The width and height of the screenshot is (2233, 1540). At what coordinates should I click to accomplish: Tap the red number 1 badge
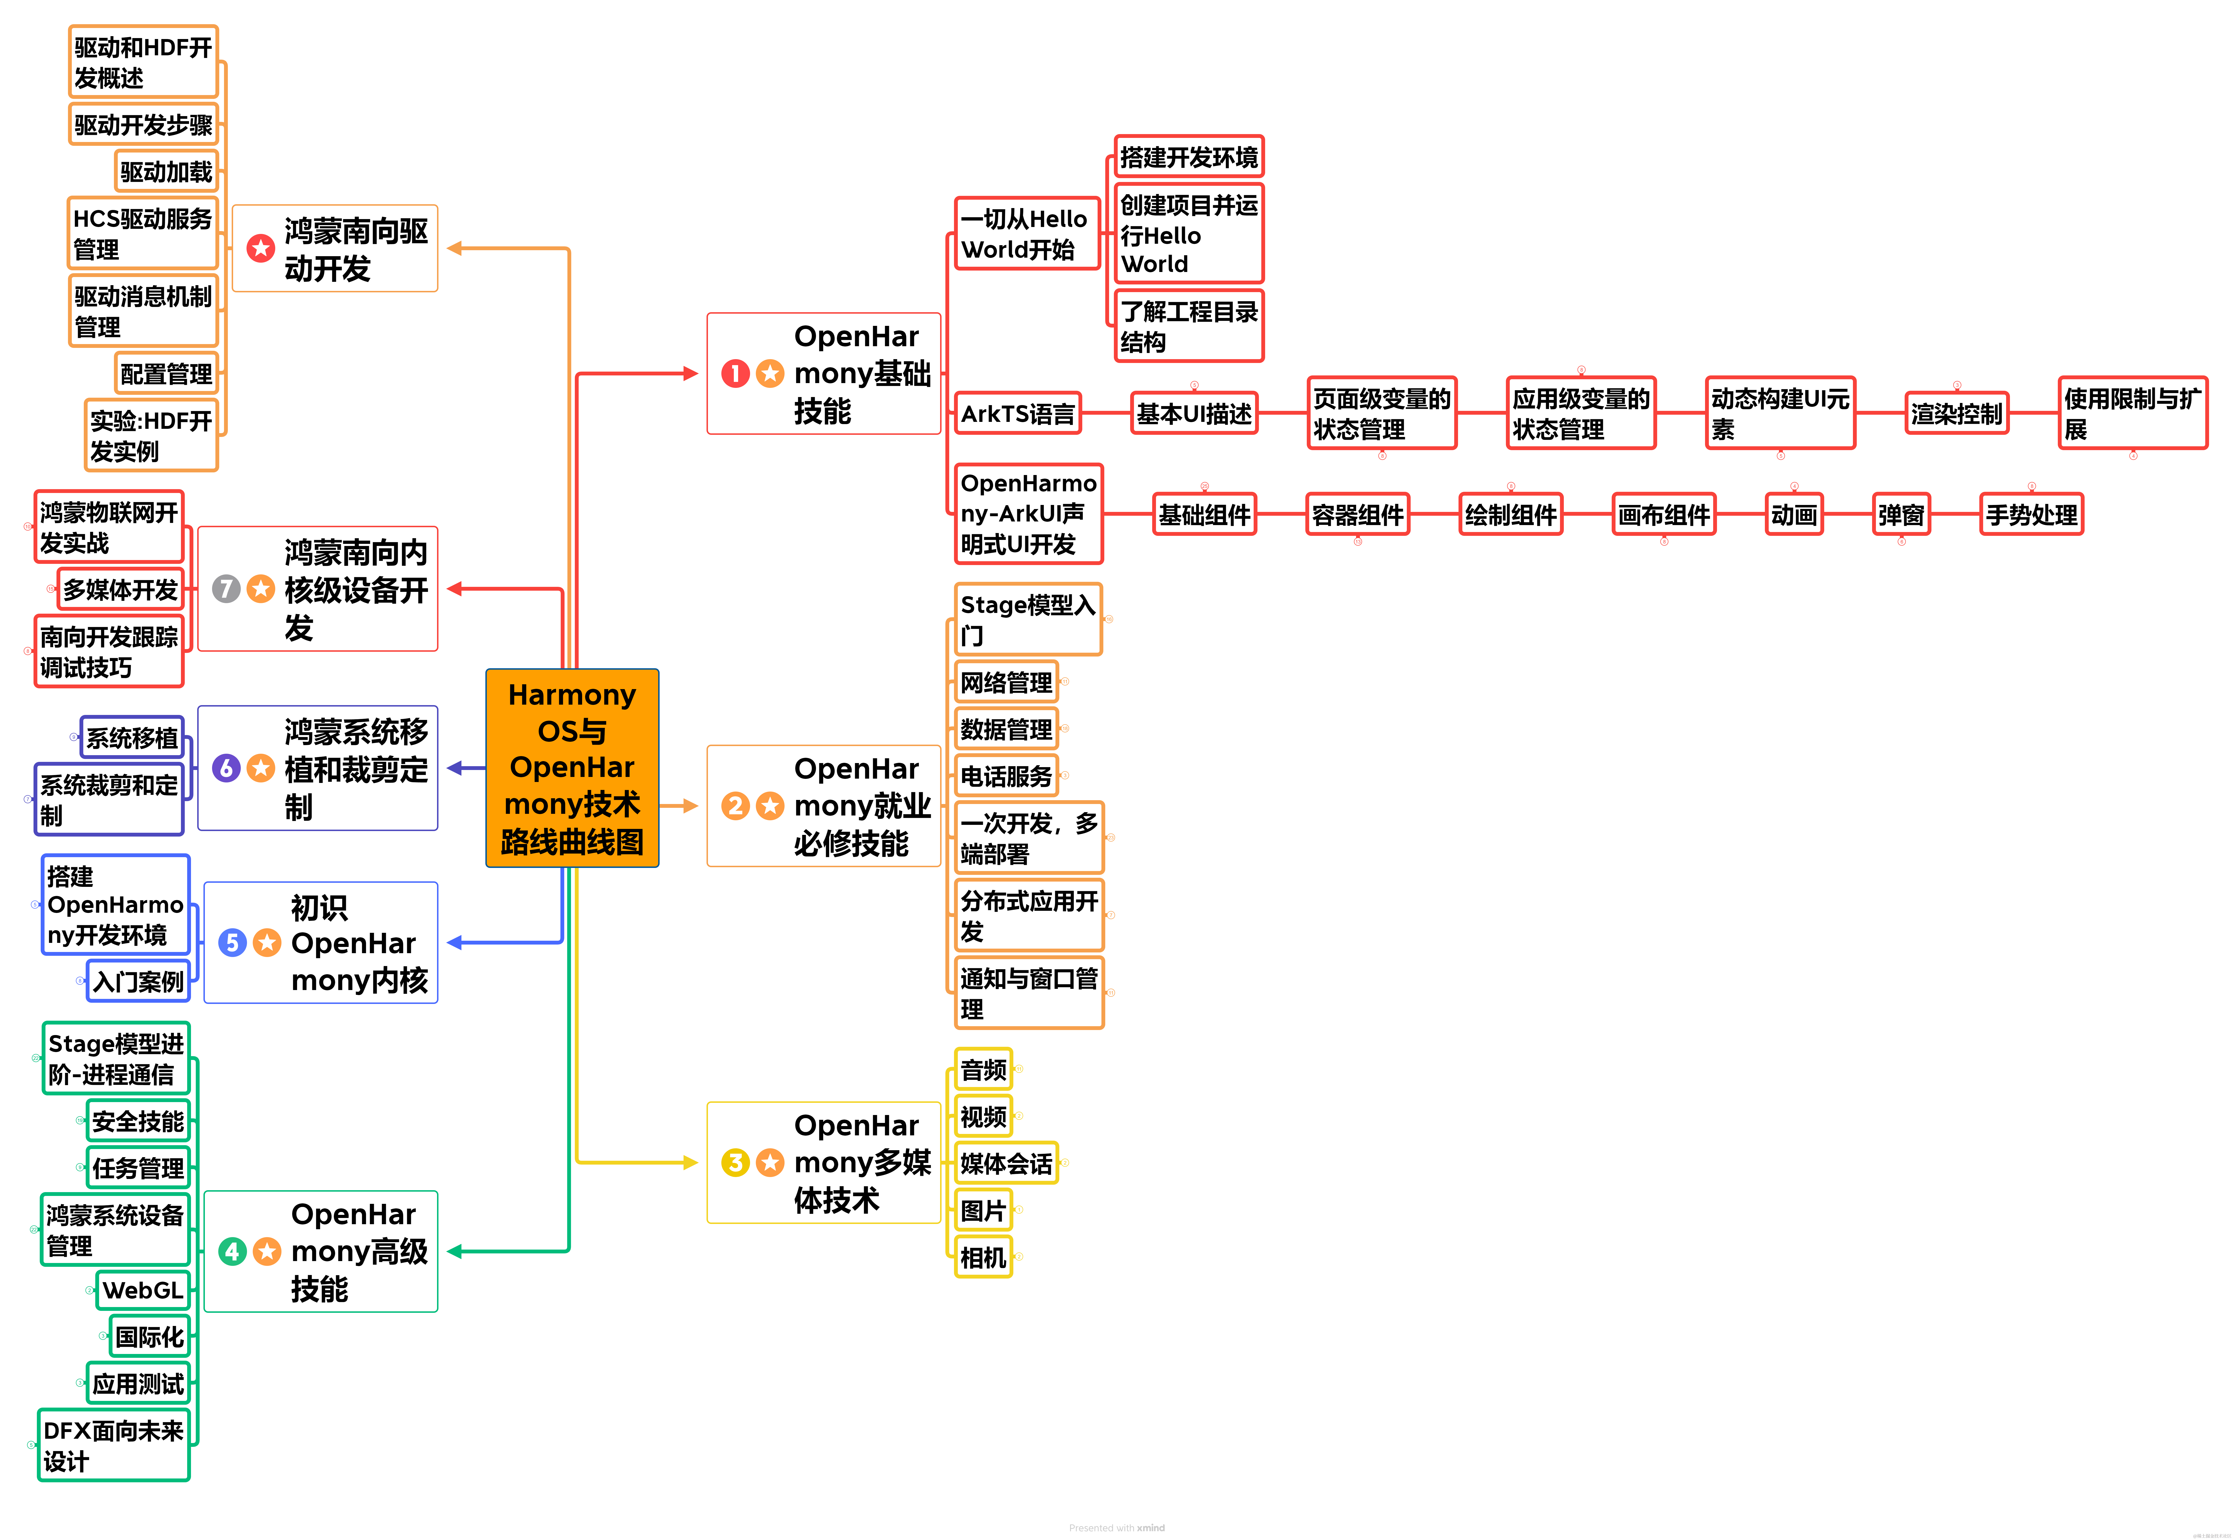point(735,374)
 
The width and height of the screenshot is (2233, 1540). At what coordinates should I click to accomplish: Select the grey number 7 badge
point(226,589)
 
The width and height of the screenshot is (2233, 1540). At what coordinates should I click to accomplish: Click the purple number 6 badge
point(226,768)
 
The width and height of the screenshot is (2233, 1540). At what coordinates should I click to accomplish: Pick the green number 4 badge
point(231,1251)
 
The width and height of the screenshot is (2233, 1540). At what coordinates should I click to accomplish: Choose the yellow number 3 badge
point(735,1163)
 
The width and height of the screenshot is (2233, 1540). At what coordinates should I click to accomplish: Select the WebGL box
point(143,1290)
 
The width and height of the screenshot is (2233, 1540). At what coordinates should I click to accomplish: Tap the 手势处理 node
point(2031,514)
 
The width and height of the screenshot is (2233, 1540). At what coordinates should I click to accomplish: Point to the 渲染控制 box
point(1956,414)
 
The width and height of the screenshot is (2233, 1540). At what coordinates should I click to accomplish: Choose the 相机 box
point(983,1257)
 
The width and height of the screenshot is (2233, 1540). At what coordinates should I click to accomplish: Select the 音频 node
point(983,1069)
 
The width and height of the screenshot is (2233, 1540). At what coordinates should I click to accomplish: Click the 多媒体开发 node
point(121,589)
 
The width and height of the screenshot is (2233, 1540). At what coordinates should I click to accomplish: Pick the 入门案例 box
point(138,981)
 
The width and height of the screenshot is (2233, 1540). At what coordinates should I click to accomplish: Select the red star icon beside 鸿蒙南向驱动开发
point(260,248)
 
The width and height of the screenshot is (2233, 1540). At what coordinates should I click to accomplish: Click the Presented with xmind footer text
point(1116,1528)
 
